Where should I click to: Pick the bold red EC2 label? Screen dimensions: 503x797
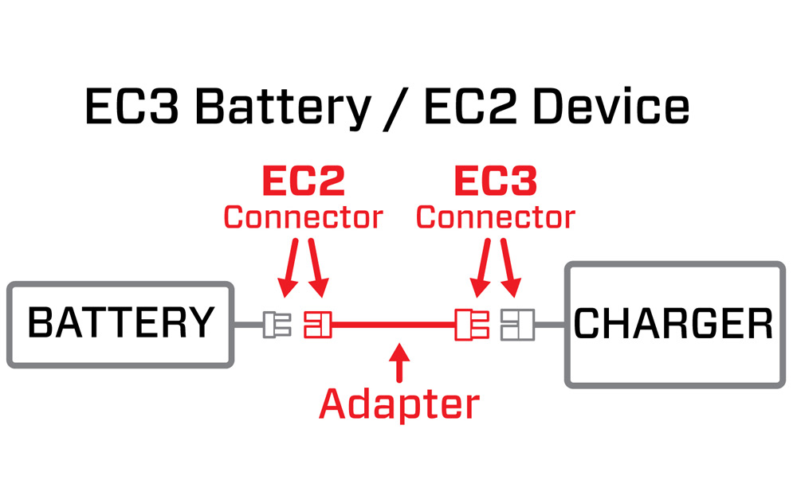click(304, 182)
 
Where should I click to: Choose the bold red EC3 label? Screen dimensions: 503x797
click(496, 182)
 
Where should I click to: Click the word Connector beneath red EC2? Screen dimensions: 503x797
click(304, 217)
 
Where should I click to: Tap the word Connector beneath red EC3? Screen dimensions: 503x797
click(496, 217)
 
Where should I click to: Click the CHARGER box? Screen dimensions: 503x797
click(674, 325)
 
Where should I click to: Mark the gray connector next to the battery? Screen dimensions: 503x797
click(277, 325)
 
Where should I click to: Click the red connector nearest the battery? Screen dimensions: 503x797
click(316, 325)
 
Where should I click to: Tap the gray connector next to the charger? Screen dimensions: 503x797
click(513, 325)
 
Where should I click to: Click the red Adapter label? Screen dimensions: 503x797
click(399, 404)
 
